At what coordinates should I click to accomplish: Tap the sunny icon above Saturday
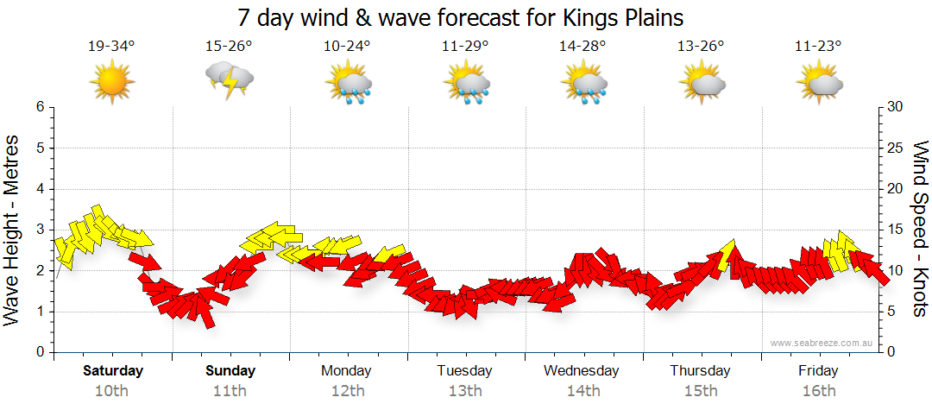click(x=112, y=83)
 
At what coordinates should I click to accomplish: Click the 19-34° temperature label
click(x=112, y=47)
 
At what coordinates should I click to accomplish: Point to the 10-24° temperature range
click(x=347, y=47)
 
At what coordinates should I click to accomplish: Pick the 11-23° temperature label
click(x=818, y=47)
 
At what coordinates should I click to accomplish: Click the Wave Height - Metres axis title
click(x=13, y=230)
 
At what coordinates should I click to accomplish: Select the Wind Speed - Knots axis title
click(x=919, y=230)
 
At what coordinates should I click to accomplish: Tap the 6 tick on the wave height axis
click(x=39, y=107)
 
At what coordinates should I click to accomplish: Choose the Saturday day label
click(x=112, y=371)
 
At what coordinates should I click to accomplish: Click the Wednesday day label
click(x=582, y=371)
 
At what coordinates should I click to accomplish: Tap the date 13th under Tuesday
click(x=464, y=390)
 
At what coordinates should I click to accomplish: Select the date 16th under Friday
click(x=818, y=390)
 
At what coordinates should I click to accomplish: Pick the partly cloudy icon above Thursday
click(x=701, y=83)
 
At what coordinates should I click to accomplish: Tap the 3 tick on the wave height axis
click(x=39, y=230)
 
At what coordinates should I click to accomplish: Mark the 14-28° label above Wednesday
click(x=582, y=47)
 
